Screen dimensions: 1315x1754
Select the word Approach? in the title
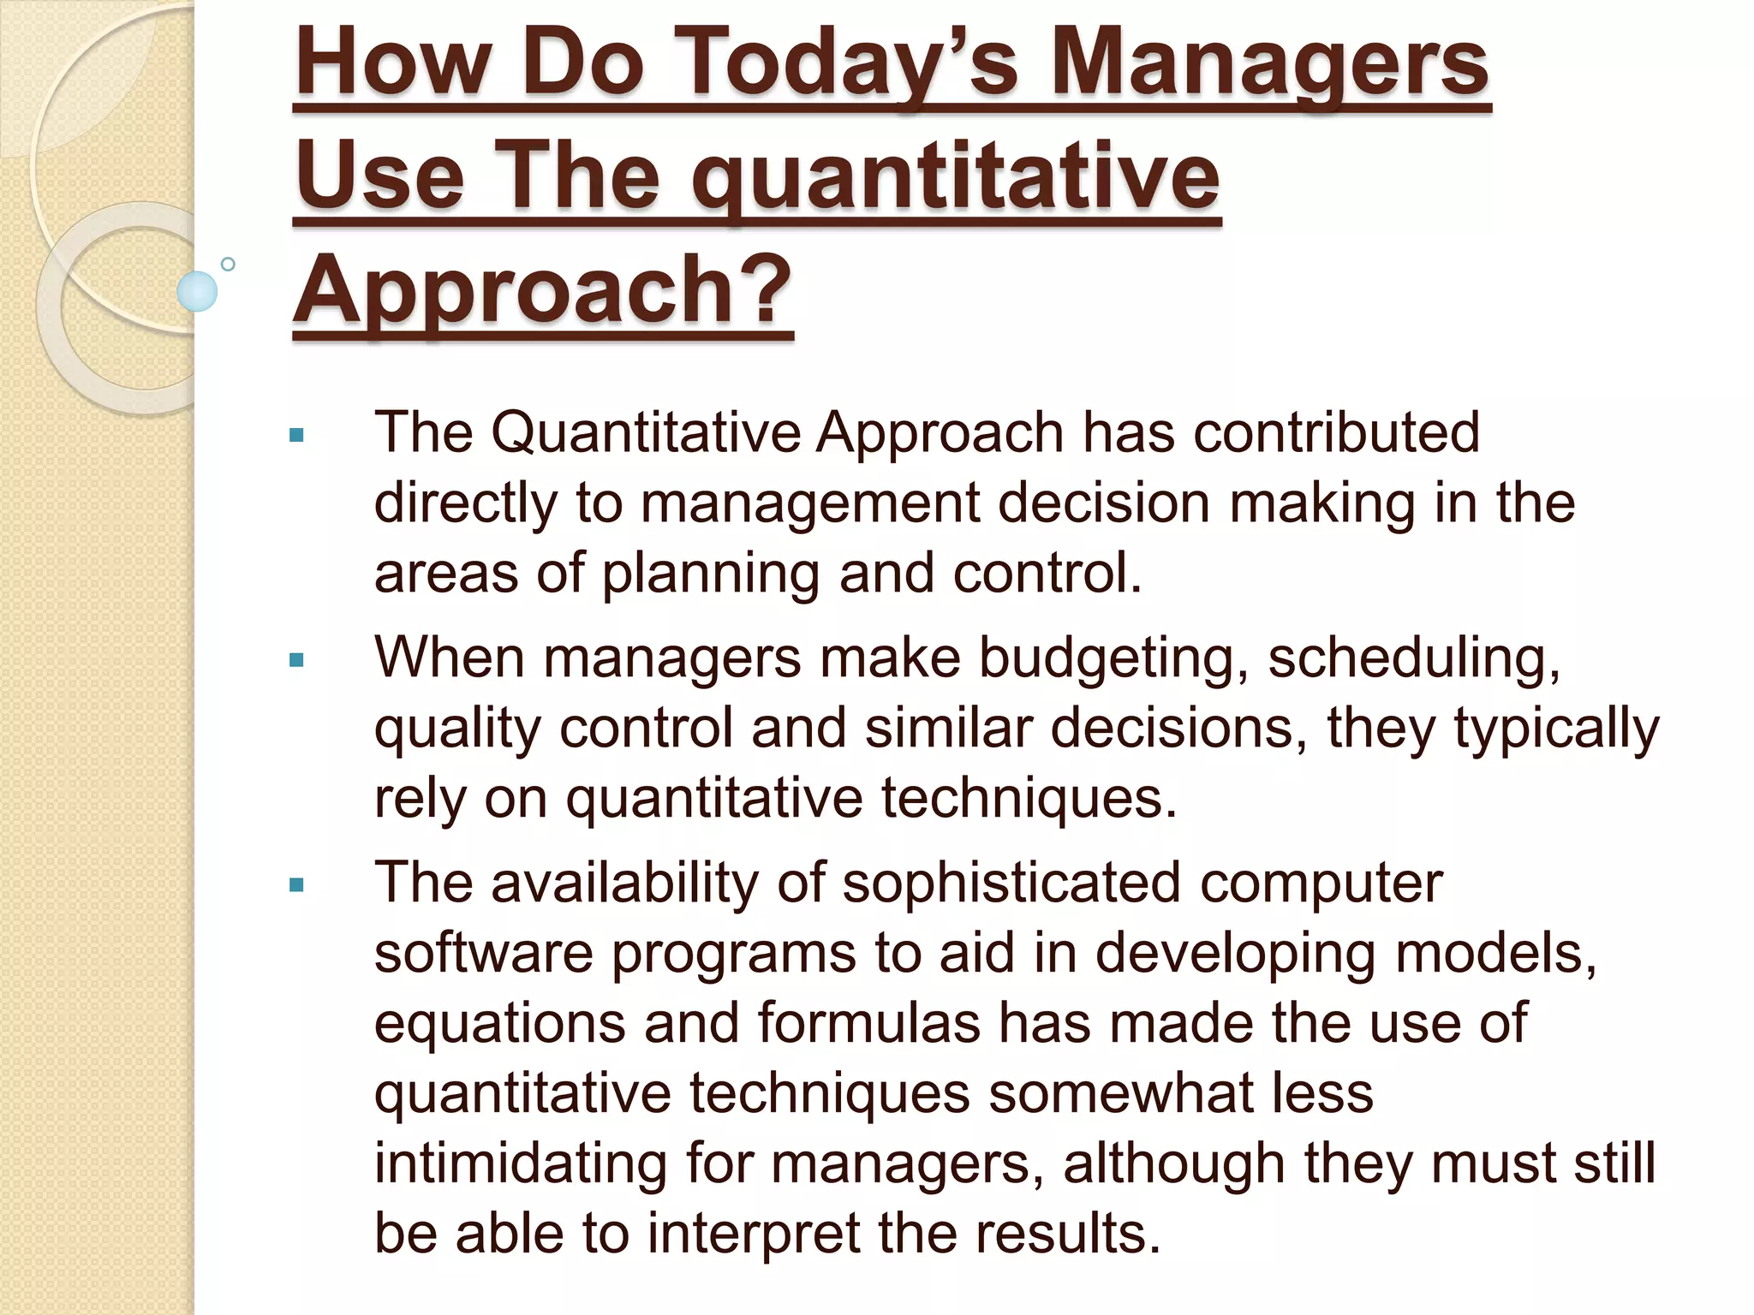(542, 291)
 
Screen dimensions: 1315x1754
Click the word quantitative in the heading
(955, 178)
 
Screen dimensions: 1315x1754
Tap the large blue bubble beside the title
(197, 291)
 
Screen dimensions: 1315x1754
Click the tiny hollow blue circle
(228, 264)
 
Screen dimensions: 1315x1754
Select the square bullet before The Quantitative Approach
(297, 436)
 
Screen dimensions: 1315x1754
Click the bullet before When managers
(297, 660)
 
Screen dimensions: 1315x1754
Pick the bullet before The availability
(297, 885)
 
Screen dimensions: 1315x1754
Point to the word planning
(711, 574)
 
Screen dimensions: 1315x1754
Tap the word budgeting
(1113, 659)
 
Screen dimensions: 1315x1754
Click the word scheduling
(1414, 659)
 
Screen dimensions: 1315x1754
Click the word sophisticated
(1011, 884)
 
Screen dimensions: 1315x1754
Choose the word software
(484, 954)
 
